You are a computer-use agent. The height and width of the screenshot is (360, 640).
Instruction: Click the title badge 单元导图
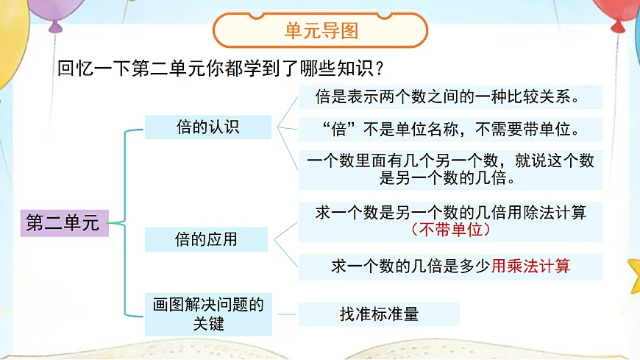321,31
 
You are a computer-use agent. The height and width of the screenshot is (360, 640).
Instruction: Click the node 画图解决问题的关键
208,313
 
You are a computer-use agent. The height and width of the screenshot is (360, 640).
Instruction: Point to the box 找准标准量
379,314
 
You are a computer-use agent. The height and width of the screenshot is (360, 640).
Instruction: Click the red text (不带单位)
450,230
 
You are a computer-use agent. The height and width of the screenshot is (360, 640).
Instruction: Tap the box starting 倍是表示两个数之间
450,97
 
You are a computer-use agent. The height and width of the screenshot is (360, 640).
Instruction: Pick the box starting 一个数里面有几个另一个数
450,169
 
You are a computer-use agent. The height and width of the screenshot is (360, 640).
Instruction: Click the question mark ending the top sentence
380,68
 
